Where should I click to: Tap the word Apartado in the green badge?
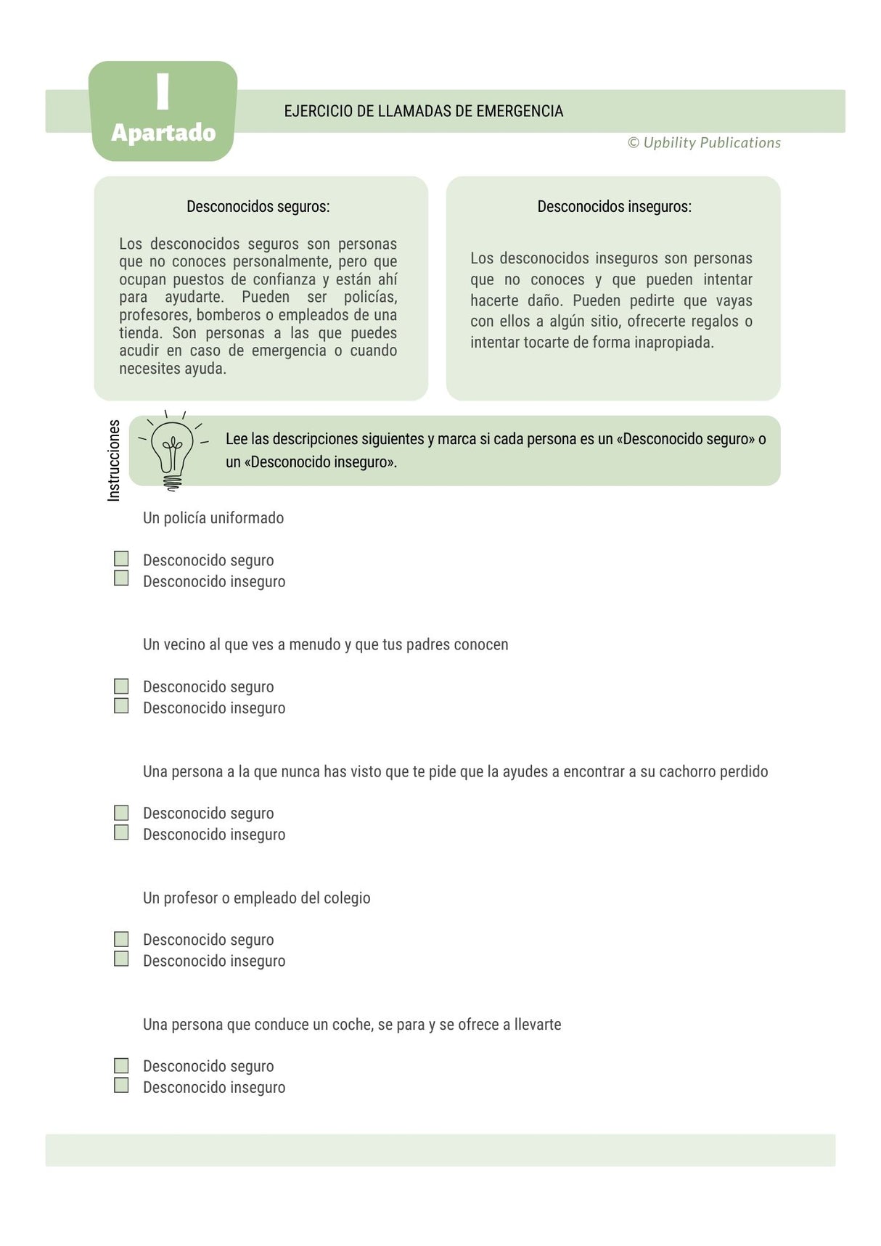pos(163,133)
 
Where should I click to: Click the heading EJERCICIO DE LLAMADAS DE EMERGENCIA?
pos(423,111)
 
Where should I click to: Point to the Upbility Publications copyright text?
pos(704,143)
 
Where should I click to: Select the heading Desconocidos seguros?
pos(258,207)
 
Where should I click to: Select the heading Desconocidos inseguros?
pos(614,207)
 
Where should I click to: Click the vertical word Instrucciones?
pos(114,460)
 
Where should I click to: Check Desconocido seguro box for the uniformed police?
pos(121,559)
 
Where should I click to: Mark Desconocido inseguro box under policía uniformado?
pos(121,578)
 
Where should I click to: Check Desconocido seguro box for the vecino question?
pos(121,686)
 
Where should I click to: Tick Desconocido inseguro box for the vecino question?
pos(121,705)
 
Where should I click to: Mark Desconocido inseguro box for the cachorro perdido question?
pos(121,832)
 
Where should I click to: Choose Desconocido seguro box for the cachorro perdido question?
pos(121,812)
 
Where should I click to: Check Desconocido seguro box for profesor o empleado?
pos(121,939)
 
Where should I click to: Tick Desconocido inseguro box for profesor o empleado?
pos(121,959)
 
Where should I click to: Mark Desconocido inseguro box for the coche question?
pos(121,1085)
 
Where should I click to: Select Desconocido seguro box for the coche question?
pos(121,1065)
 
